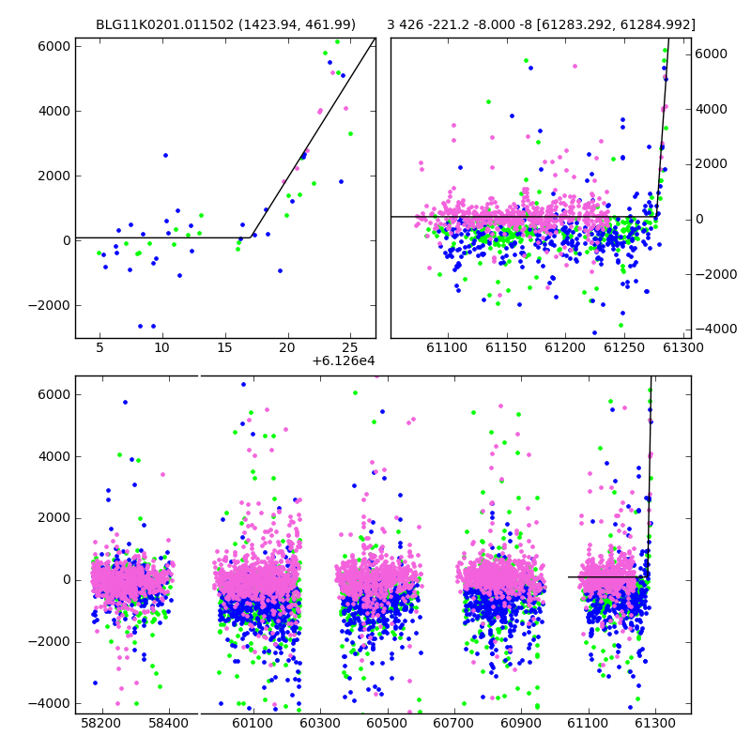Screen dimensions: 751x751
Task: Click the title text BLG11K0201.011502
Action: point(165,24)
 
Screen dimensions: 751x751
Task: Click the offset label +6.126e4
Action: point(344,360)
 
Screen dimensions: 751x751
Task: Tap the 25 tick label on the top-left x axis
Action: point(350,347)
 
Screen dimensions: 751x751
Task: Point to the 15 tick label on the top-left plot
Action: point(224,347)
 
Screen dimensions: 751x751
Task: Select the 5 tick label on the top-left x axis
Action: point(100,347)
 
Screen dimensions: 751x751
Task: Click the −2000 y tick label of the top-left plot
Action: point(49,306)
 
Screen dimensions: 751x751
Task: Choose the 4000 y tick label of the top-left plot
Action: point(54,111)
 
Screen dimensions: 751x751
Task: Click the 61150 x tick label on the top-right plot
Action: point(506,347)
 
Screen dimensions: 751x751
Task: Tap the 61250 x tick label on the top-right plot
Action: point(624,347)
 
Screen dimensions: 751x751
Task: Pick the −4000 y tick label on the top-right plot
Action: point(716,330)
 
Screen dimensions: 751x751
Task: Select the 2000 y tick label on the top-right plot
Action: point(712,163)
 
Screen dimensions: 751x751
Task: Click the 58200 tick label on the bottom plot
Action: point(101,723)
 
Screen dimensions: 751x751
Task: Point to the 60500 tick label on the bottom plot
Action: point(387,723)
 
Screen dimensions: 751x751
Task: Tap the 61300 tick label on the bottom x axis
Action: point(654,723)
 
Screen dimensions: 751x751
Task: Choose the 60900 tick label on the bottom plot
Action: point(521,723)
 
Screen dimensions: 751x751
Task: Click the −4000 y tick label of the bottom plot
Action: point(49,703)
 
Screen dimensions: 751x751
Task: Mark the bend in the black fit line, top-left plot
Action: point(251,238)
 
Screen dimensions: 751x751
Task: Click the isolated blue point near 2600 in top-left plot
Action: point(166,155)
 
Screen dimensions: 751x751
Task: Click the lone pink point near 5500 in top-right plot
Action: point(575,67)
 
